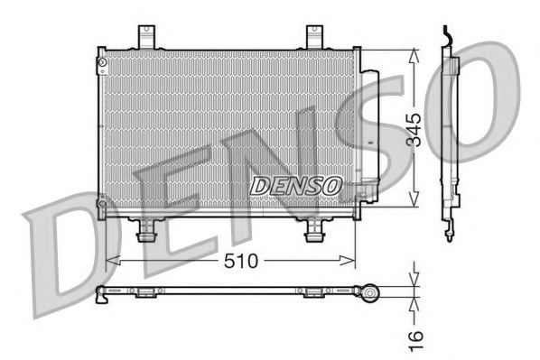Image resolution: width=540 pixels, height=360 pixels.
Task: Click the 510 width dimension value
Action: click(x=242, y=261)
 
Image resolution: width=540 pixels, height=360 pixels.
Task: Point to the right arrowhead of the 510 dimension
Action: click(x=352, y=262)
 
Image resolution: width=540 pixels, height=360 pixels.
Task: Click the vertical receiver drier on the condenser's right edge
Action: click(x=365, y=135)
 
